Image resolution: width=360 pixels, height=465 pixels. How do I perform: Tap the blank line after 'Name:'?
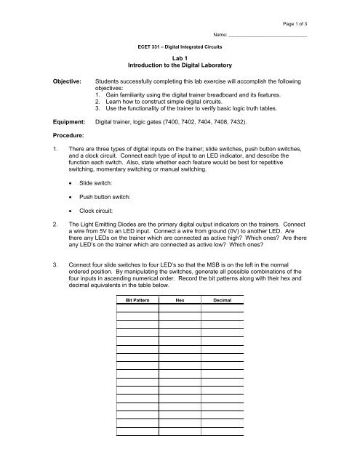267,36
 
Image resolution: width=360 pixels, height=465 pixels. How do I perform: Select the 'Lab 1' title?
180,60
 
